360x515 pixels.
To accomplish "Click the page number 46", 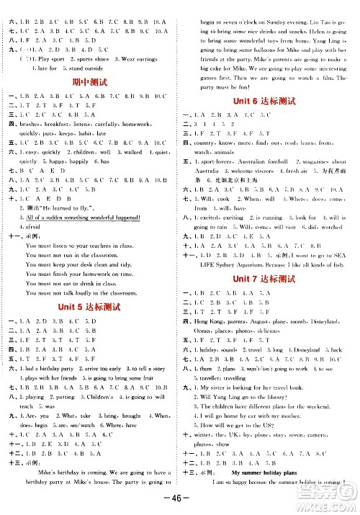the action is click(181, 498).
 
